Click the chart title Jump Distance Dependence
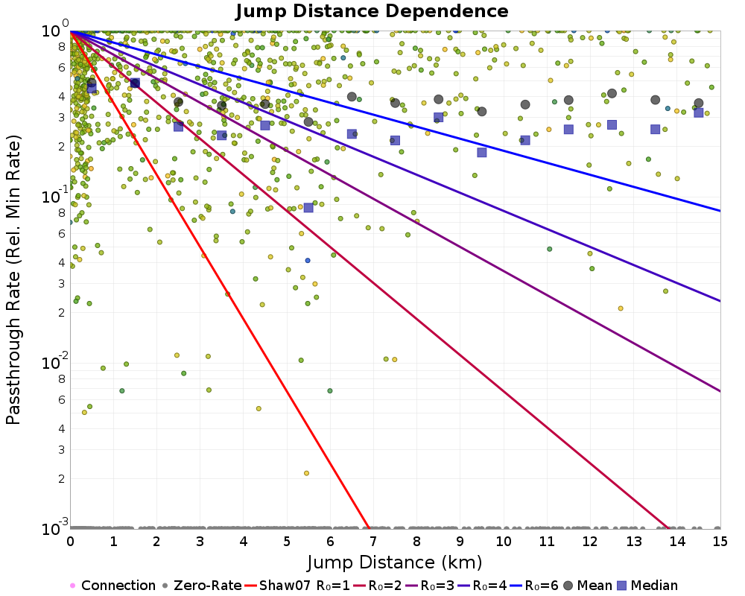pos(372,11)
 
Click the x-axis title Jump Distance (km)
pos(394,562)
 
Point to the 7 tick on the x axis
pos(373,542)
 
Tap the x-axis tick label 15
pos(720,542)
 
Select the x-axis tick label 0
pos(70,542)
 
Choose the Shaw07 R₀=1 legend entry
pos(297,585)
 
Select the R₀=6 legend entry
pos(534,585)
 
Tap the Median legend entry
pos(647,585)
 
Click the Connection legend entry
pos(112,585)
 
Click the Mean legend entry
pos(587,585)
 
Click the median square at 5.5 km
pos(308,208)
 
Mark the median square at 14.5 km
pos(699,112)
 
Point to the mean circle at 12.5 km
pos(612,94)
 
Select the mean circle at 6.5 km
pos(352,97)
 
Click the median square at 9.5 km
pos(482,153)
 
